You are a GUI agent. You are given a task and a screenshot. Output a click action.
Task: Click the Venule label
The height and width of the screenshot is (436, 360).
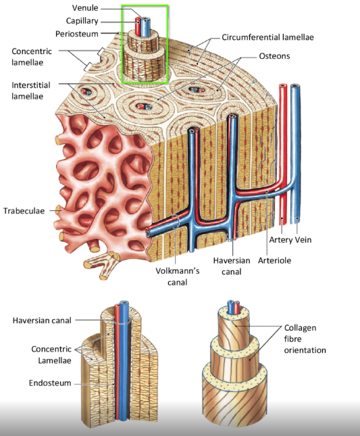point(85,8)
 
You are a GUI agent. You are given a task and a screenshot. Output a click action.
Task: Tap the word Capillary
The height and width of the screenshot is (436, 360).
point(82,21)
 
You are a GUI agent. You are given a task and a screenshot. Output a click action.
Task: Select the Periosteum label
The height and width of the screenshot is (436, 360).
point(77,34)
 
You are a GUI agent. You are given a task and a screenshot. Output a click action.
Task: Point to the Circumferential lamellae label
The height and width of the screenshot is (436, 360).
point(267,37)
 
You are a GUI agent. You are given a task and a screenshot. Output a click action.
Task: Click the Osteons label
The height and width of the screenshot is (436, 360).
point(274,56)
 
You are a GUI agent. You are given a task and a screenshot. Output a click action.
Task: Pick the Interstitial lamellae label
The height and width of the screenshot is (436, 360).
point(31,91)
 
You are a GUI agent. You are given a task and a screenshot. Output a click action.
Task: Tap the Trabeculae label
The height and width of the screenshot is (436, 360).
point(24,211)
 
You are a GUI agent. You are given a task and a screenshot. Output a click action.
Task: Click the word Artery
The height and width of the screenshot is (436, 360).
point(281,240)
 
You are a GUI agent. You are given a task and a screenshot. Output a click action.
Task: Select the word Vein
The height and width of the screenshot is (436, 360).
point(303,240)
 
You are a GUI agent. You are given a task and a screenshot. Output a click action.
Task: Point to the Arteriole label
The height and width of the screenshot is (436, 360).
point(274,260)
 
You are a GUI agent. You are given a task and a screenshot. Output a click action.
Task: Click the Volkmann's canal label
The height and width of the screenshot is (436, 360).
point(178,276)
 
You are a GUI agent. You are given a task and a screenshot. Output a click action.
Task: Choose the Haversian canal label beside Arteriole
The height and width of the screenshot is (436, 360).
point(232,266)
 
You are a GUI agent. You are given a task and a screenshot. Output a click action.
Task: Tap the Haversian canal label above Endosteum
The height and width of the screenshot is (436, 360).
point(42,320)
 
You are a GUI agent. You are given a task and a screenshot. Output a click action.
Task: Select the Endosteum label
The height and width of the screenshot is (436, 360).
point(50,383)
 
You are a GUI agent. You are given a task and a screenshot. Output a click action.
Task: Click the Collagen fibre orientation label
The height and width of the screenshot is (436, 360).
point(305,339)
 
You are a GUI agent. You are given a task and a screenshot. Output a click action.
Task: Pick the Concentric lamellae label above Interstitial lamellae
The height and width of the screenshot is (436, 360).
point(31,57)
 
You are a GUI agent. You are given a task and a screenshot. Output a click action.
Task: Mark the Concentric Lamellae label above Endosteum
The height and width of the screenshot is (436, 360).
point(51,355)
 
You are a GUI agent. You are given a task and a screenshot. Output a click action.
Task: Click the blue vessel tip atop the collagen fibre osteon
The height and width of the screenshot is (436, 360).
point(230,302)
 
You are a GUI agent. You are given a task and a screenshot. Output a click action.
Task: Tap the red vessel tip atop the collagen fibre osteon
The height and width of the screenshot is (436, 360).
point(236,303)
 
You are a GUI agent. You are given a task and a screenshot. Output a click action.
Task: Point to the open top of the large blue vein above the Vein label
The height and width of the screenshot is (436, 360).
point(295,86)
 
